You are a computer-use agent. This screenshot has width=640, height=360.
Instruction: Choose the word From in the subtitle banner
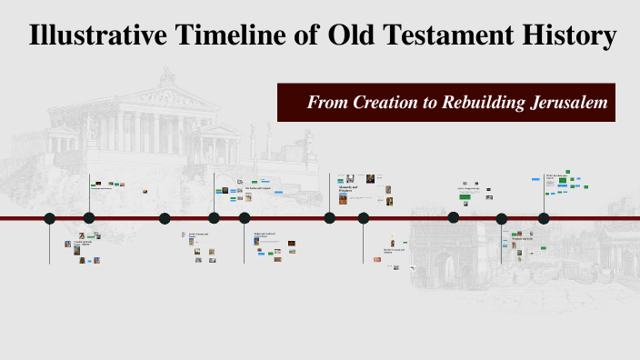(326, 102)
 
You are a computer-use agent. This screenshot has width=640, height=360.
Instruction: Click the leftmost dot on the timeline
(50, 218)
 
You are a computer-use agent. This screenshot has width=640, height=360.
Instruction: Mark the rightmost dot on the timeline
(544, 218)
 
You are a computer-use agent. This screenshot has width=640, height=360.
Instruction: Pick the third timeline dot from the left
(165, 218)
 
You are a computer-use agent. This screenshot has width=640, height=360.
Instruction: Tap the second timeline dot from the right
(502, 218)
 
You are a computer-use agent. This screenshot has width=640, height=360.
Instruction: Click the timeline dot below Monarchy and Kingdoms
(330, 218)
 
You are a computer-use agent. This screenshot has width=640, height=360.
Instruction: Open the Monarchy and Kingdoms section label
(350, 190)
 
